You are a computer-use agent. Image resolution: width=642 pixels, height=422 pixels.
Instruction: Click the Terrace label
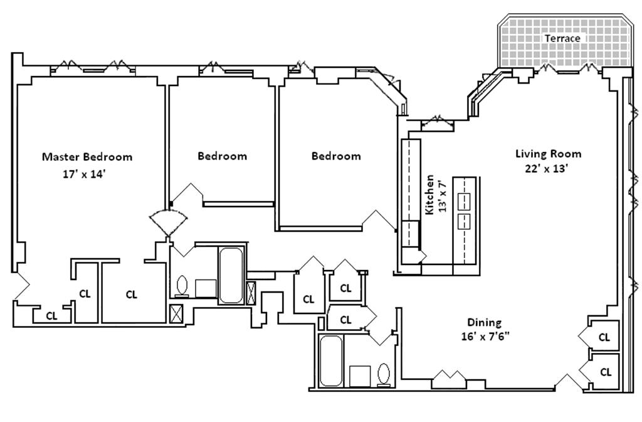click(x=562, y=38)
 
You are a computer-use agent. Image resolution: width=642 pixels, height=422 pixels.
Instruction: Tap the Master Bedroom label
click(x=87, y=156)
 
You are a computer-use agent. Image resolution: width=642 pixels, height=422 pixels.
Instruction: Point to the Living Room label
click(x=548, y=153)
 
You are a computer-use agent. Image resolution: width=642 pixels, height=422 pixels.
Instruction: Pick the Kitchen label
click(x=430, y=195)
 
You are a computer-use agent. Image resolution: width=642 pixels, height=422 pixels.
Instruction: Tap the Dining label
click(x=484, y=323)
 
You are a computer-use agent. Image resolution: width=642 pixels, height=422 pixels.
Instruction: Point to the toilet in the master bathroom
click(x=182, y=286)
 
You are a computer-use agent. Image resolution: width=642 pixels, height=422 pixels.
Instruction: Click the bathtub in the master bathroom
click(x=231, y=274)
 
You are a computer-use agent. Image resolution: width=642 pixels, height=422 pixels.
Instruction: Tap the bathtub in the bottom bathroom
click(x=330, y=360)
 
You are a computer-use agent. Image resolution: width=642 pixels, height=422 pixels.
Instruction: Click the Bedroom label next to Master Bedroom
click(x=222, y=156)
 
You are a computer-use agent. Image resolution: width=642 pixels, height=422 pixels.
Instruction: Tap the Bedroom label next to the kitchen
click(x=336, y=156)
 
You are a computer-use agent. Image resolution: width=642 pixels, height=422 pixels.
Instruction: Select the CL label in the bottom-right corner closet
click(x=606, y=372)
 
